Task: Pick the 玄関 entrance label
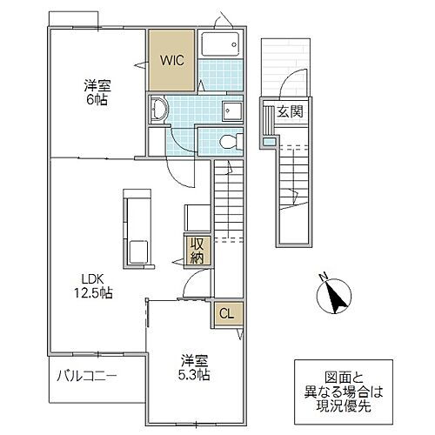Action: point(289,112)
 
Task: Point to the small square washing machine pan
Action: point(232,109)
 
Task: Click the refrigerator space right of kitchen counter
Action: point(194,217)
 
